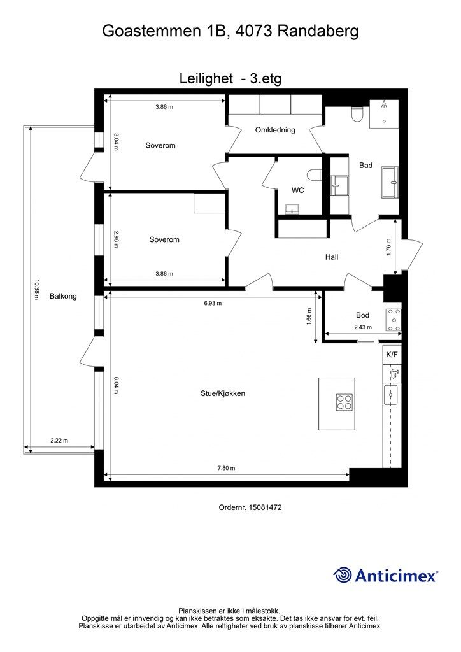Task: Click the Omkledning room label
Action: tap(275, 130)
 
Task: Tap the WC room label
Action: tap(297, 190)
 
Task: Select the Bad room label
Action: tap(365, 166)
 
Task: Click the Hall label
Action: tap(331, 257)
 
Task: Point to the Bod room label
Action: tap(362, 315)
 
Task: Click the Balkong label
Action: tap(63, 296)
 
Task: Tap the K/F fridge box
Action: tap(391, 354)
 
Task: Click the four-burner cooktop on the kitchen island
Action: tap(344, 402)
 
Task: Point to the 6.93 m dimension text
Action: tap(213, 303)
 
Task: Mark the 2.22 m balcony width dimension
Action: tap(59, 440)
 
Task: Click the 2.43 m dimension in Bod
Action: tap(363, 328)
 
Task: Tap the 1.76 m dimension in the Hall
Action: tap(388, 246)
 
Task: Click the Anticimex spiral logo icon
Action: tap(343, 575)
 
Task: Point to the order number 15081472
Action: tap(266, 507)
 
